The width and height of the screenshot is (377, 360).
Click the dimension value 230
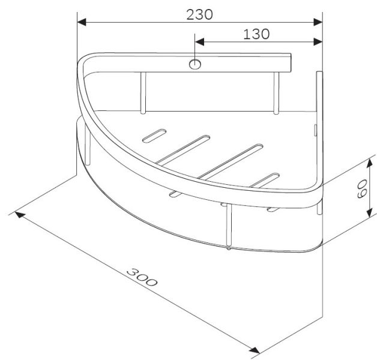[x=199, y=14]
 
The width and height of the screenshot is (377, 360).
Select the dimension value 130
[x=256, y=34]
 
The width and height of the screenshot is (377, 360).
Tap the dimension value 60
[x=363, y=188]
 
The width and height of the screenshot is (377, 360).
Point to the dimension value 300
[x=142, y=278]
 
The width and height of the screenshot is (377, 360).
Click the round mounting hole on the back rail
[x=195, y=64]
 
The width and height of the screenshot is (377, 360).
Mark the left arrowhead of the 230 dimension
[x=82, y=22]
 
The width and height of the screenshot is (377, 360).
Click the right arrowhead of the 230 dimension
[x=318, y=22]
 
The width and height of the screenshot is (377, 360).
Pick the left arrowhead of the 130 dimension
[x=199, y=42]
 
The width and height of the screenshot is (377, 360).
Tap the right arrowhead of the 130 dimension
[x=318, y=42]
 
